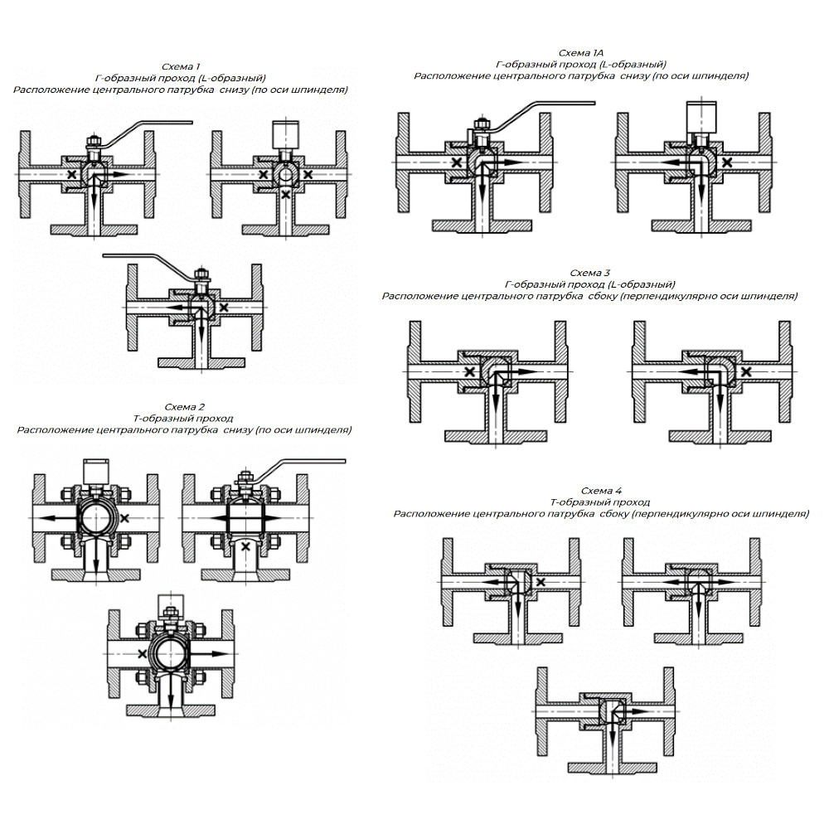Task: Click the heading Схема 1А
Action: [x=580, y=53]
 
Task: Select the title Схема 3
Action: [x=589, y=273]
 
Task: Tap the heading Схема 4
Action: [x=601, y=491]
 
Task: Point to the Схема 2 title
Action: [x=185, y=407]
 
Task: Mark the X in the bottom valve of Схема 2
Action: [x=143, y=654]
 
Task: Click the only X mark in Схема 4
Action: [x=541, y=582]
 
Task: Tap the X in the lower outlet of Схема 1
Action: [x=285, y=195]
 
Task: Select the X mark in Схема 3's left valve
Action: [x=469, y=371]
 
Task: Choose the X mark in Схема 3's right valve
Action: [x=746, y=371]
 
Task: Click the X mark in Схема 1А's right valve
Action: [x=728, y=162]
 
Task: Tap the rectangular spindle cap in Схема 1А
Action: [x=701, y=116]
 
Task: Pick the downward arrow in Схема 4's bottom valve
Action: [x=613, y=728]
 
